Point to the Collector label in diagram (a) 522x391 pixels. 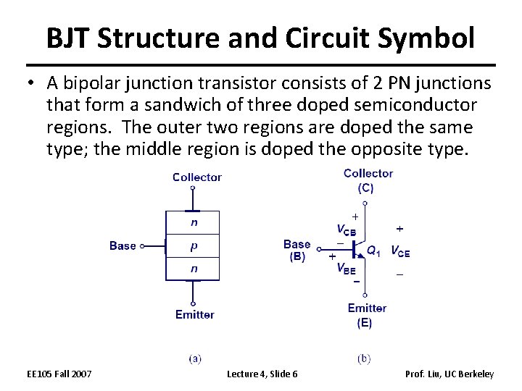pyautogui.click(x=196, y=177)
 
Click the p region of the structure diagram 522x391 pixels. pyautogui.click(x=193, y=246)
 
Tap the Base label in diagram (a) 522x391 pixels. pyautogui.click(x=123, y=246)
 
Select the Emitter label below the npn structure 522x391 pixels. pyautogui.click(x=194, y=315)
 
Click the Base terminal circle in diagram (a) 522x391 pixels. pyautogui.click(x=142, y=246)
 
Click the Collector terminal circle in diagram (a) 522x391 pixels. pyautogui.click(x=193, y=188)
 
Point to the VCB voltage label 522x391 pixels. pyautogui.click(x=346, y=230)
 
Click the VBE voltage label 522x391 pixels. pyautogui.click(x=346, y=269)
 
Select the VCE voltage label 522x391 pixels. pyautogui.click(x=400, y=252)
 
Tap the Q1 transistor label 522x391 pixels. pyautogui.click(x=373, y=251)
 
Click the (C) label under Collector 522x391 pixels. pyautogui.click(x=365, y=188)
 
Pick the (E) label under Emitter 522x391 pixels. pyautogui.click(x=365, y=323)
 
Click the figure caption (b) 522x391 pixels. pyautogui.click(x=365, y=358)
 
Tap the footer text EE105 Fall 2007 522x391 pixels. pyautogui.click(x=59, y=374)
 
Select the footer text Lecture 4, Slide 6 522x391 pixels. pyautogui.click(x=262, y=374)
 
